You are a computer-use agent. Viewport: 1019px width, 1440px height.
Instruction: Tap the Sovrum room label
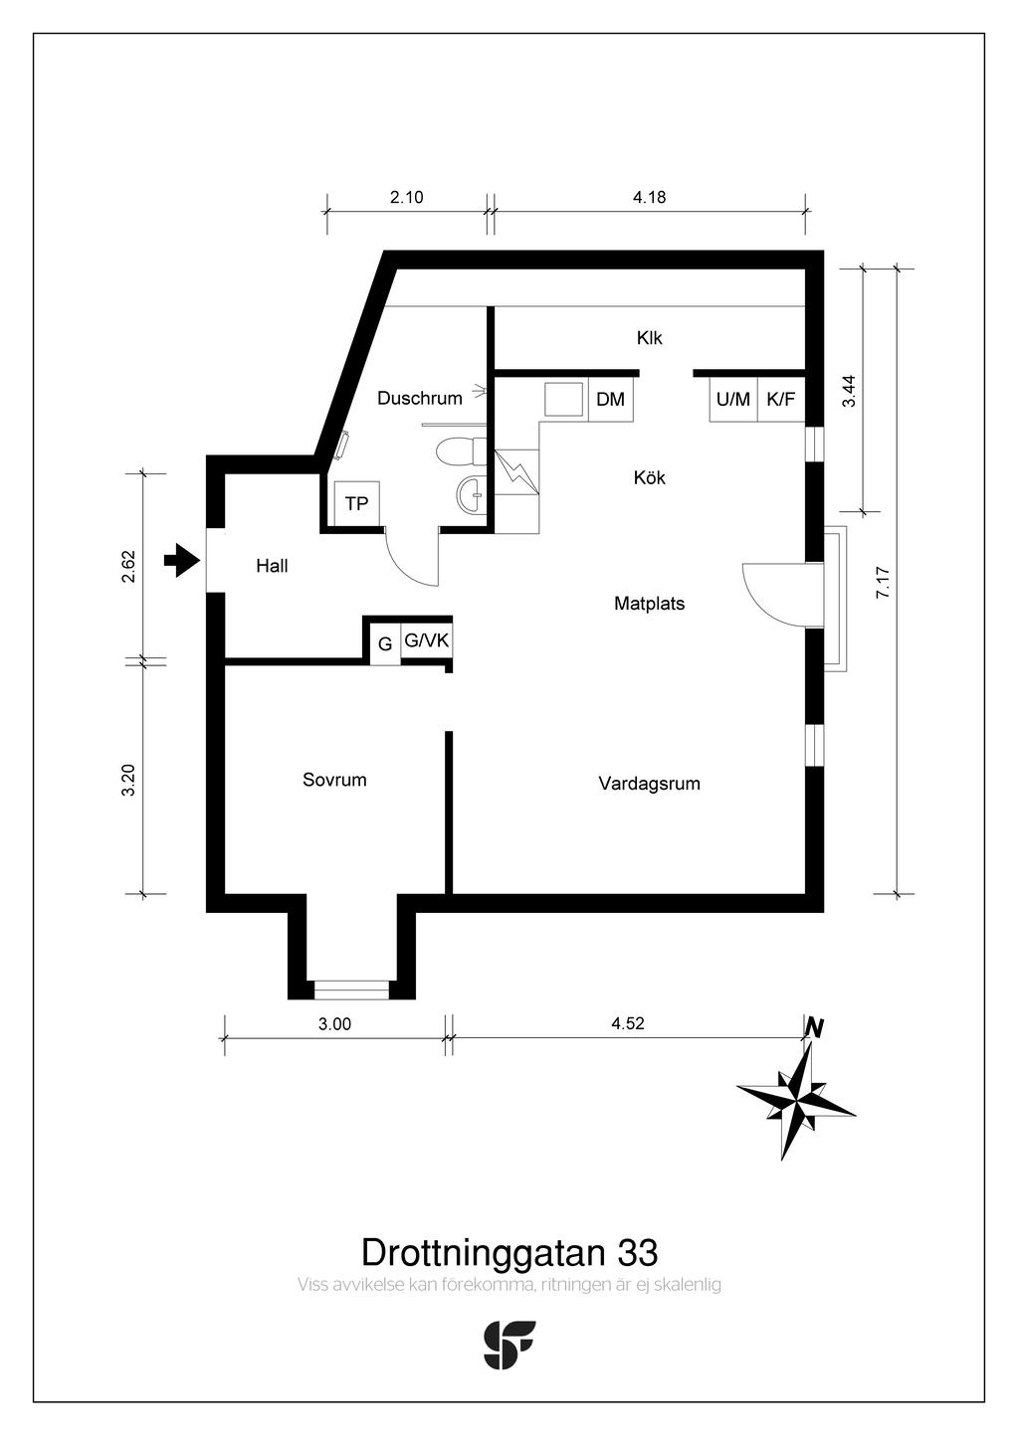(x=334, y=780)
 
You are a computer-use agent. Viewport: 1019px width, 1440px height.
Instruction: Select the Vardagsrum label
(x=649, y=784)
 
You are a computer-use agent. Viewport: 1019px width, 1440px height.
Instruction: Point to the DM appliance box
(x=611, y=399)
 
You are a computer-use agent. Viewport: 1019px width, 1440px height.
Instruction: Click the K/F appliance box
(x=781, y=399)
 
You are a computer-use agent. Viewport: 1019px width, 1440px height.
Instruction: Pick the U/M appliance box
(x=733, y=399)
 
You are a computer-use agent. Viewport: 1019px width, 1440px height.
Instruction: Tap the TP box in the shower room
(x=356, y=503)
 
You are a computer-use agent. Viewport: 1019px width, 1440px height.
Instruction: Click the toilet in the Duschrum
(x=461, y=451)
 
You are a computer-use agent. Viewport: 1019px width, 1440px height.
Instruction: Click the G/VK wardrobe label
(x=427, y=640)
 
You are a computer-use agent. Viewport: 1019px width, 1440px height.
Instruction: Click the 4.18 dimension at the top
(x=649, y=197)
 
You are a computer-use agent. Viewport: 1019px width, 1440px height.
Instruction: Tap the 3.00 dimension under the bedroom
(x=334, y=1023)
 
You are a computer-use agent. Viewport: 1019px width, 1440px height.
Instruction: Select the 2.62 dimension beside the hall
(x=128, y=567)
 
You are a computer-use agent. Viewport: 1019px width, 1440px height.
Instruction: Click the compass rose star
(x=797, y=1102)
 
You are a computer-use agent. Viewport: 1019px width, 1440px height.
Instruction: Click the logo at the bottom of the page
(x=509, y=1345)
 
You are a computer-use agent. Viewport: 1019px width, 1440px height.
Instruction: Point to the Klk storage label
(x=649, y=338)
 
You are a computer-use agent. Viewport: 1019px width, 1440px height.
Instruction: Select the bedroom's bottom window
(x=351, y=990)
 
